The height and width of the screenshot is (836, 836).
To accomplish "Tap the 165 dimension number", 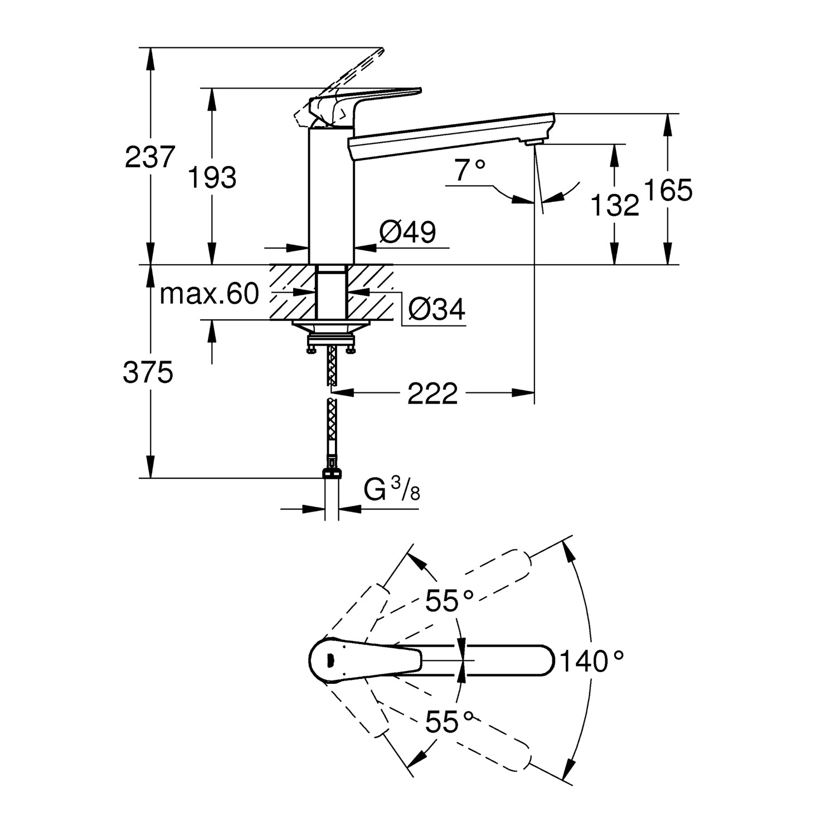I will tap(668, 191).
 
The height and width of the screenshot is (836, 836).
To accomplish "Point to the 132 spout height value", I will tap(614, 206).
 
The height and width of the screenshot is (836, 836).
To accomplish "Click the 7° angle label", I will tap(469, 170).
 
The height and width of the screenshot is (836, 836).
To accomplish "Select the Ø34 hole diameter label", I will tap(436, 309).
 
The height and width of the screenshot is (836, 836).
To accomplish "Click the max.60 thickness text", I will tap(210, 294).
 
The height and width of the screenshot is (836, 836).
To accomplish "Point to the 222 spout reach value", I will tap(432, 394).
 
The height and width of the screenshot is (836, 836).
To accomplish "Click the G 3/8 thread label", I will tap(392, 490).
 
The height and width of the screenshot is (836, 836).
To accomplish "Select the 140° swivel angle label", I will tap(591, 662).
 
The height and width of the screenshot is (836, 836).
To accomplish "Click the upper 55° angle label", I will tap(449, 601).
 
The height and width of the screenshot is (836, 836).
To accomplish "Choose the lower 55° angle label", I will tap(449, 723).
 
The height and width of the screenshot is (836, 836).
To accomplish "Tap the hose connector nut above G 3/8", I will tap(332, 474).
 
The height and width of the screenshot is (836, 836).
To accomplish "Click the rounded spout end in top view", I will tap(543, 661).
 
